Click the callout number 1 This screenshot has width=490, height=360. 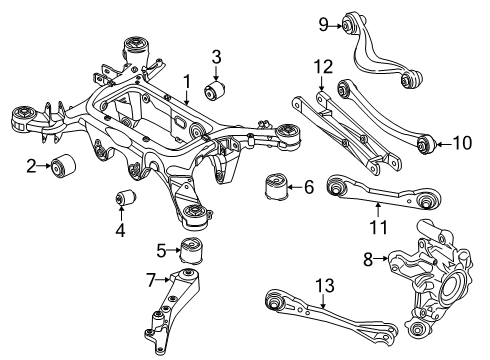point(185,79)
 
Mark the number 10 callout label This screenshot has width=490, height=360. point(461,142)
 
